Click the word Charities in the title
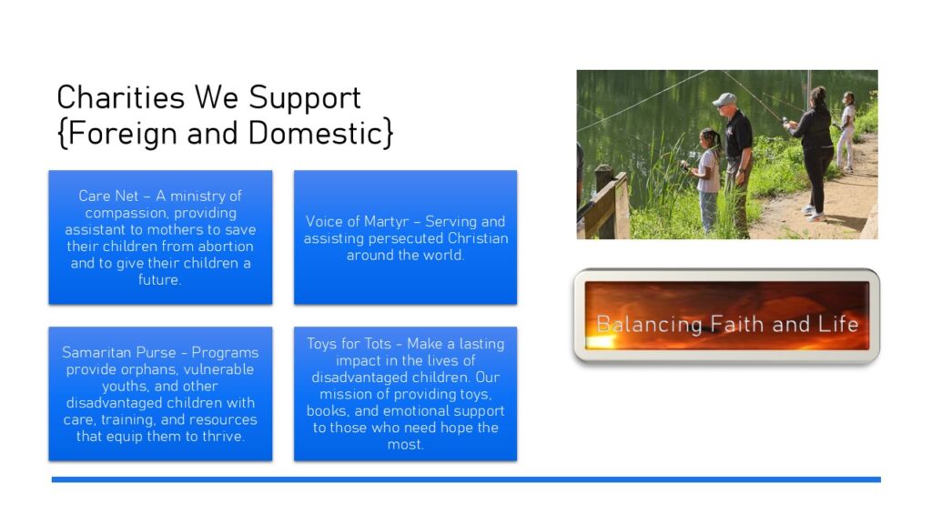(121, 97)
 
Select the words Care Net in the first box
(108, 196)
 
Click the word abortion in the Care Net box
(225, 246)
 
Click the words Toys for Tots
(349, 344)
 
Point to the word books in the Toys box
(327, 411)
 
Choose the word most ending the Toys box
(405, 444)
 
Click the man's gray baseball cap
(724, 98)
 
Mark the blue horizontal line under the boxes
(466, 479)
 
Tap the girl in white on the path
(846, 131)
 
